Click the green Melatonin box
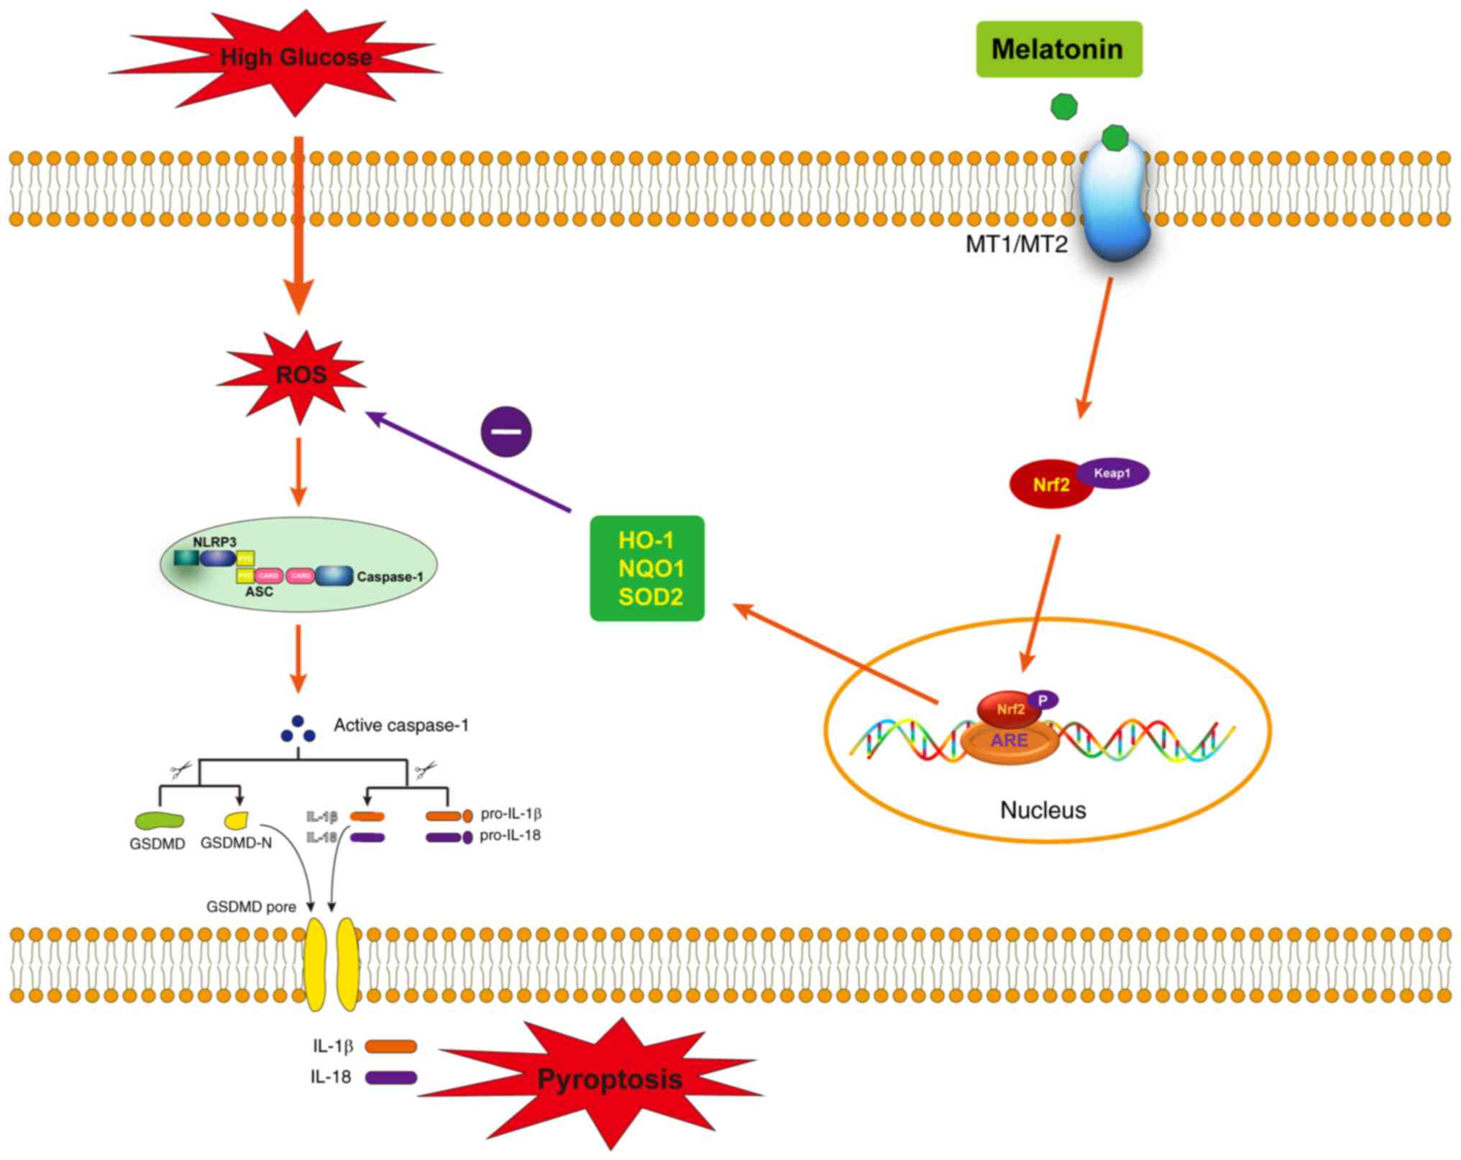click(x=1058, y=49)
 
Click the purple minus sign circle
click(x=506, y=431)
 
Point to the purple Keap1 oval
click(x=1113, y=473)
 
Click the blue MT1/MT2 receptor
click(x=1114, y=201)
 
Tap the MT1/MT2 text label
click(x=1016, y=245)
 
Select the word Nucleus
click(x=1043, y=810)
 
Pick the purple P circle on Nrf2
click(x=1043, y=700)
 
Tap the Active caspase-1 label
click(x=400, y=726)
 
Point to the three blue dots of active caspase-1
click(x=298, y=730)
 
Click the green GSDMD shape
click(x=159, y=820)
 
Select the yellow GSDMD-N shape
click(x=237, y=819)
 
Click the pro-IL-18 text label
click(x=510, y=836)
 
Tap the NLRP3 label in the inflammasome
click(x=214, y=542)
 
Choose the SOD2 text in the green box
click(x=650, y=597)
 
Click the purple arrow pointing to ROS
click(x=467, y=460)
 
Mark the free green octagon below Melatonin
click(x=1063, y=106)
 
